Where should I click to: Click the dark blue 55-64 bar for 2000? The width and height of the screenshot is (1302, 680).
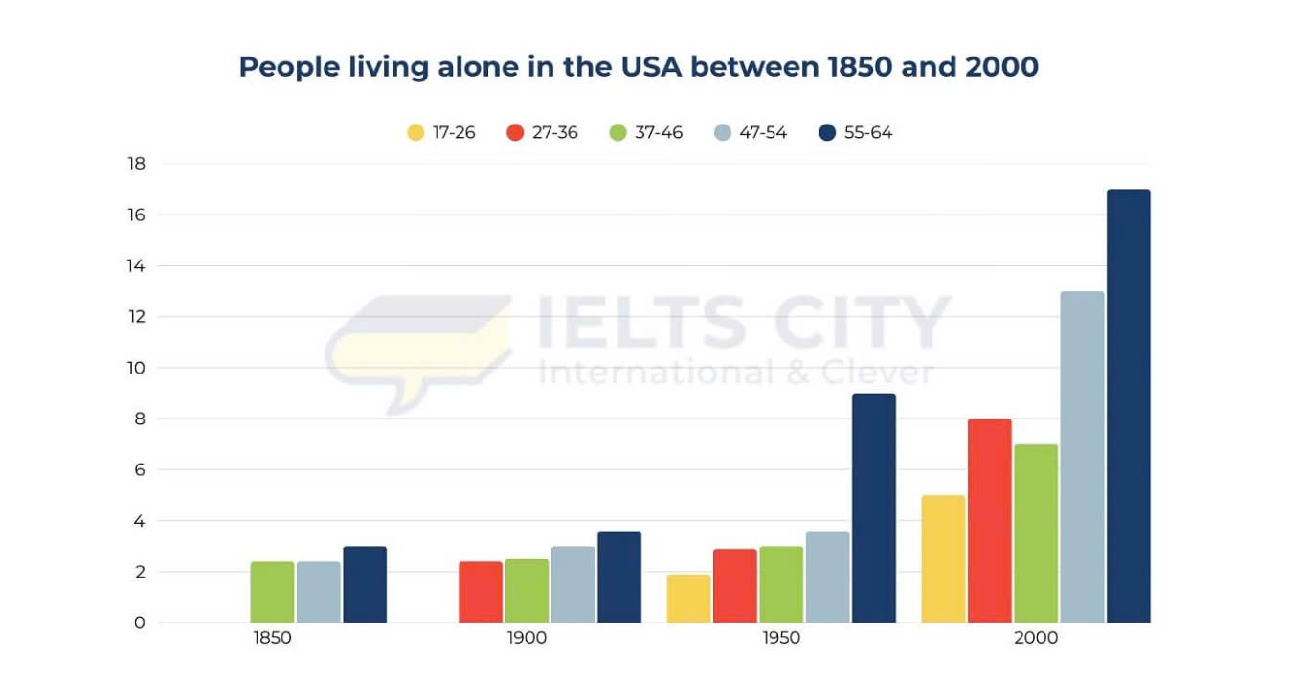pyautogui.click(x=1128, y=406)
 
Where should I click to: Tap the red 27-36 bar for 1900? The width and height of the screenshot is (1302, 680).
pyautogui.click(x=480, y=592)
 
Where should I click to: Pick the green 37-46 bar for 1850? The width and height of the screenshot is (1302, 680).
pyautogui.click(x=272, y=592)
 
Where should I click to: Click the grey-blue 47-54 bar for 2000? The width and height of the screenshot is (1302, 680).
pyautogui.click(x=1082, y=457)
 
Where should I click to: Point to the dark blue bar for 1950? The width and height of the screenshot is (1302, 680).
pyautogui.click(x=873, y=508)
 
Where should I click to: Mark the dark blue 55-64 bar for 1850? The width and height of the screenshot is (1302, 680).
pyautogui.click(x=365, y=584)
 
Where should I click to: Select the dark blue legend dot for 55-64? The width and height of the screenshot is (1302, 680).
pyautogui.click(x=828, y=133)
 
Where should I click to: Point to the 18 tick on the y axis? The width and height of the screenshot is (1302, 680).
pyautogui.click(x=136, y=164)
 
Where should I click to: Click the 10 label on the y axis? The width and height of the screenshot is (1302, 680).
pyautogui.click(x=136, y=368)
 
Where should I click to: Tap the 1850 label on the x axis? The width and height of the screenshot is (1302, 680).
pyautogui.click(x=273, y=638)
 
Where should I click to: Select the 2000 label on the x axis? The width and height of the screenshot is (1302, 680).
pyautogui.click(x=1036, y=638)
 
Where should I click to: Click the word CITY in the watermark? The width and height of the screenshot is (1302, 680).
pyautogui.click(x=860, y=324)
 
